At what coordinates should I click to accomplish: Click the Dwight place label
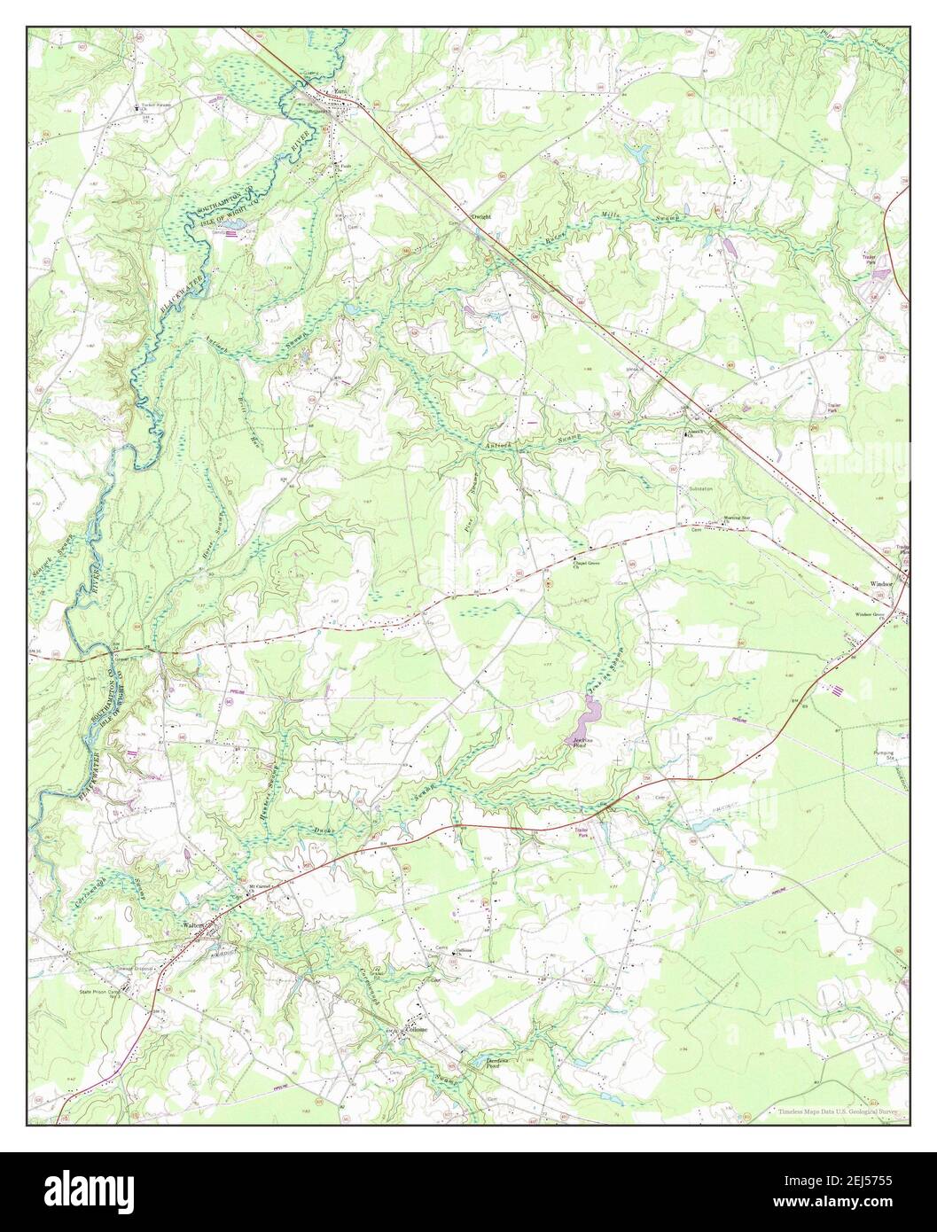point(481,215)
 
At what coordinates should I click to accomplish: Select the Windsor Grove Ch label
point(871,615)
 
